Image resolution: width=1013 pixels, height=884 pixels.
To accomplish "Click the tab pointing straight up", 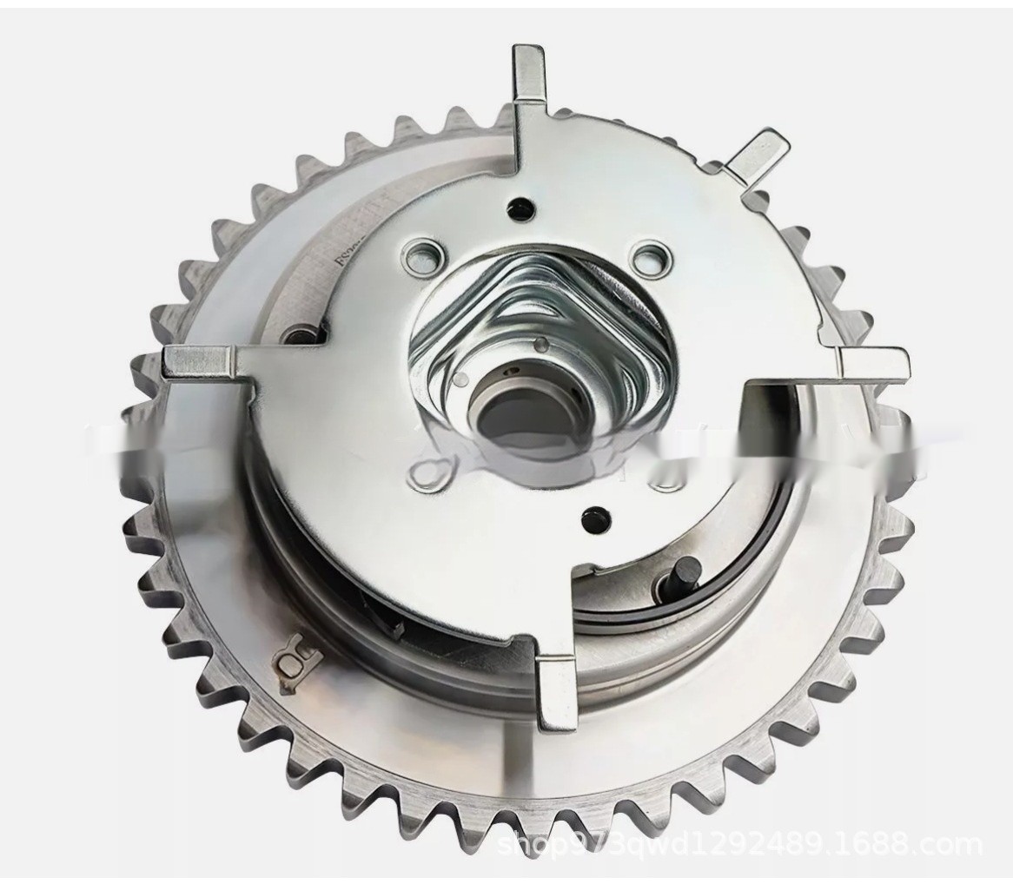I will (x=528, y=74).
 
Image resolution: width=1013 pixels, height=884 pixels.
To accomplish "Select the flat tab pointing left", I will (x=198, y=360).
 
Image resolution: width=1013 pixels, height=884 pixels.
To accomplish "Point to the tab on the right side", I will (x=873, y=361).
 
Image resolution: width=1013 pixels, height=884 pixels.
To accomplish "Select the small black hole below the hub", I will (x=595, y=514).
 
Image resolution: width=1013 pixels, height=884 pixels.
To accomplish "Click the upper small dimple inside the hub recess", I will (x=541, y=344).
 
